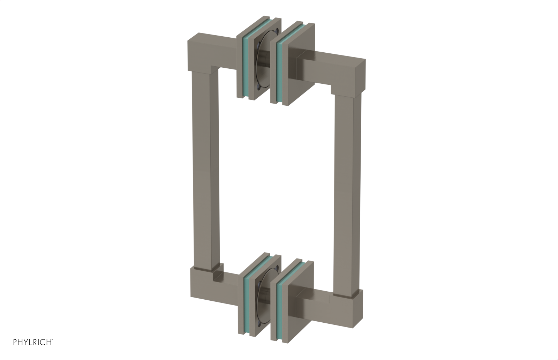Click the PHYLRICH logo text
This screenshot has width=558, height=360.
coord(33,343)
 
